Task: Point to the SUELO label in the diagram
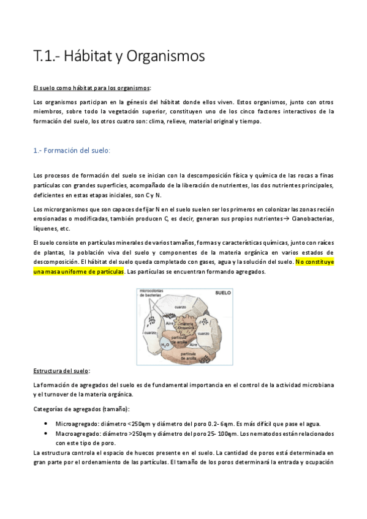tap(222, 293)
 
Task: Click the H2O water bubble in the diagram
tap(165, 345)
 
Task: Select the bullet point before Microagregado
tap(47, 424)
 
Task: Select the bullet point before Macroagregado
tap(47, 433)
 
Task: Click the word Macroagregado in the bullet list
tap(76, 433)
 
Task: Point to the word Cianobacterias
tap(314, 218)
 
